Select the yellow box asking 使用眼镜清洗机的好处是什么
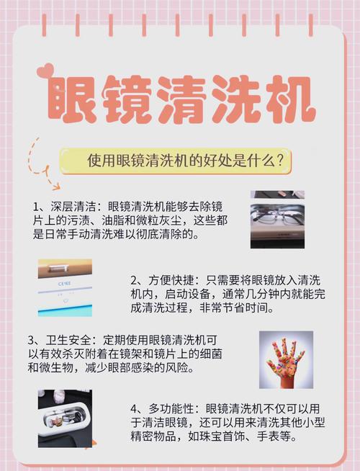176,160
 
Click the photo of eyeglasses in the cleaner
277,220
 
